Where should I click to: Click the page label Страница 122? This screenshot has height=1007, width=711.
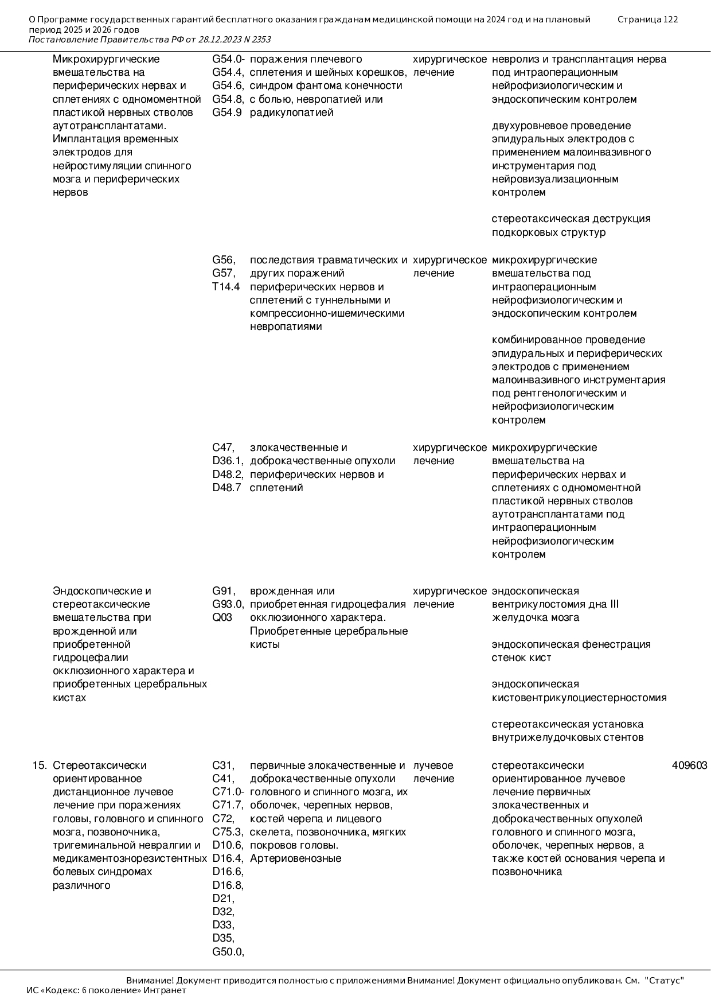(x=647, y=20)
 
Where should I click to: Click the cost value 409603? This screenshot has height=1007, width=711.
(x=689, y=765)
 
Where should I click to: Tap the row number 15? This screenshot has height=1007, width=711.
(x=39, y=765)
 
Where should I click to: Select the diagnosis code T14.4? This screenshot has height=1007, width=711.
(x=226, y=287)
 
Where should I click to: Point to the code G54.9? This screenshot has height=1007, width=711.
(x=227, y=112)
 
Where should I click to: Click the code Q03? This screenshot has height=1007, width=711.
(x=222, y=617)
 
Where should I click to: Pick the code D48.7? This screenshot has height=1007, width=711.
(x=227, y=488)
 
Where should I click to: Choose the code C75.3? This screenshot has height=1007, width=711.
(x=228, y=832)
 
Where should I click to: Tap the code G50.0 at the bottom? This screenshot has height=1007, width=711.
(x=228, y=952)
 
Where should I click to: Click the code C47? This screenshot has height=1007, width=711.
(x=224, y=448)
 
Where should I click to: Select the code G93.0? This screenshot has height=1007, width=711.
(x=228, y=604)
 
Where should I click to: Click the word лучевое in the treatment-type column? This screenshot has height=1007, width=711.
(x=433, y=765)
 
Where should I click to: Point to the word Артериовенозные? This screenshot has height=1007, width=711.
(x=295, y=858)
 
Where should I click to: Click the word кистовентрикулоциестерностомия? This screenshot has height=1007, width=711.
(x=579, y=698)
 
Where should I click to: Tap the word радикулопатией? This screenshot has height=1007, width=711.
(x=291, y=112)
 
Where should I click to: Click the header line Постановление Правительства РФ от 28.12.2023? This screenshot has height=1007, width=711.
(x=149, y=40)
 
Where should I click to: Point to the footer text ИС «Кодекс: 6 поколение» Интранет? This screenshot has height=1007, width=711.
(x=107, y=990)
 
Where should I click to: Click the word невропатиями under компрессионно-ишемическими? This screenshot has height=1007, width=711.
(x=286, y=326)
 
